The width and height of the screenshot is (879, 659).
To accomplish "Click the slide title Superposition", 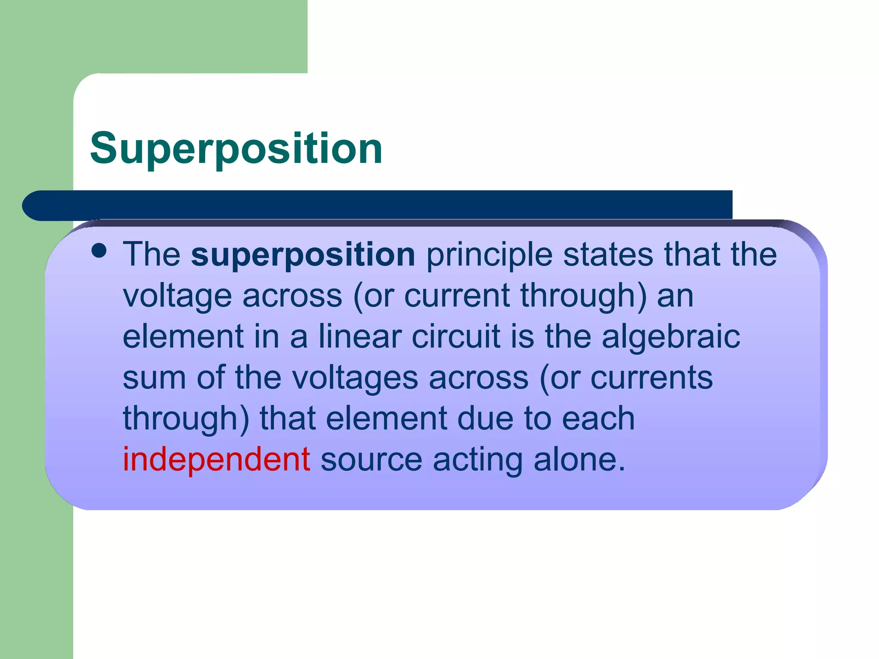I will point(236,148).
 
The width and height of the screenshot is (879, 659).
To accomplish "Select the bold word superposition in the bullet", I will point(303,254).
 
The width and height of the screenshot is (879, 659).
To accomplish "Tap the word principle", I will point(489,254).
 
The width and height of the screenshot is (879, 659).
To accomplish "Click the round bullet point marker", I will point(99,251).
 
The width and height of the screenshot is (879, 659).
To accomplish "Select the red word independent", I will point(216,459).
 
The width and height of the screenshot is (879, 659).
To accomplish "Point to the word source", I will point(371,459).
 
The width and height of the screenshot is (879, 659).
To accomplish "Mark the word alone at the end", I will point(579,459).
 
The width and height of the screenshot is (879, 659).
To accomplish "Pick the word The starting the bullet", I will point(152,254).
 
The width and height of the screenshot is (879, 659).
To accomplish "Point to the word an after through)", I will point(676,296).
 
